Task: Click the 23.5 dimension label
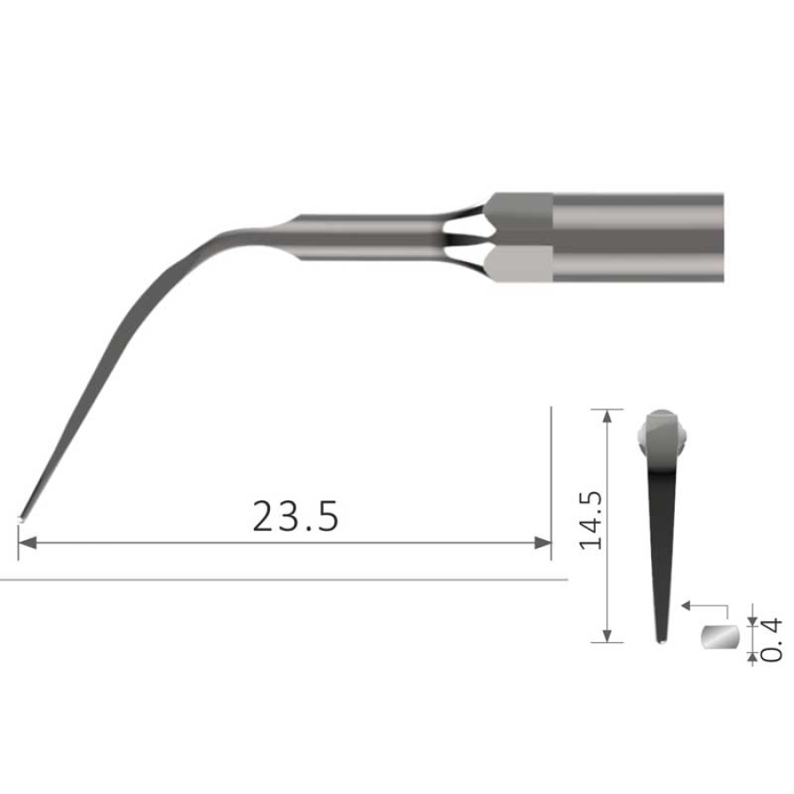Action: [295, 517]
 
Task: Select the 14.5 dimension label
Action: [590, 520]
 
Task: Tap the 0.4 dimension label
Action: [768, 639]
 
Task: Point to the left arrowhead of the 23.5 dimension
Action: [24, 543]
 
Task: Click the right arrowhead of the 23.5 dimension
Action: [544, 543]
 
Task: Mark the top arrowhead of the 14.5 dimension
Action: [606, 414]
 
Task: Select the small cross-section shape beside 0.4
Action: [718, 637]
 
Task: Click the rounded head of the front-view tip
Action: [662, 427]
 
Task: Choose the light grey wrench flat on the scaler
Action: [521, 263]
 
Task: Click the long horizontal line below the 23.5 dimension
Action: [282, 580]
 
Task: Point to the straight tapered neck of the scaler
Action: [371, 236]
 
